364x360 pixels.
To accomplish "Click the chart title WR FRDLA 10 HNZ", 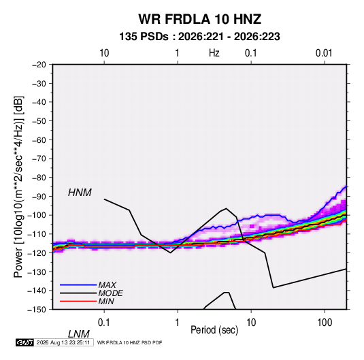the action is [x=200, y=19].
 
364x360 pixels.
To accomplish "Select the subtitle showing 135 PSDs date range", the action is [x=199, y=37].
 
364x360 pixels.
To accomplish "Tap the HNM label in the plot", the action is [x=80, y=193].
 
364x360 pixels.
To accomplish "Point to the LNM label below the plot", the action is [x=79, y=334].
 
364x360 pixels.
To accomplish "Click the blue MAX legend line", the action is [x=78, y=284].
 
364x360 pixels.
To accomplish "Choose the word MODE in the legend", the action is [x=110, y=293].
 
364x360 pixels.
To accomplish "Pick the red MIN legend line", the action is [x=78, y=301].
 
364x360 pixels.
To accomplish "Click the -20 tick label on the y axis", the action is [x=39, y=65].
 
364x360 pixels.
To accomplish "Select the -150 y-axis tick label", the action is [x=37, y=310].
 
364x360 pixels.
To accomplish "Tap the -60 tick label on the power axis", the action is [x=39, y=140].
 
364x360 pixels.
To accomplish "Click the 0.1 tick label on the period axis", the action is [x=104, y=323].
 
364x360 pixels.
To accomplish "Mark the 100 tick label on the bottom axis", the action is [x=325, y=323].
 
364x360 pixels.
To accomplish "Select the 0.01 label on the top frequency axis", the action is [x=324, y=53].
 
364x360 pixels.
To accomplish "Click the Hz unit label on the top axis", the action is [x=214, y=53].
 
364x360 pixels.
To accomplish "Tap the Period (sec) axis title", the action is [x=214, y=330].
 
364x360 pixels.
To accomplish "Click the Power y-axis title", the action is [x=18, y=187].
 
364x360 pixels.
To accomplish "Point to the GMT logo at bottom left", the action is [x=25, y=342].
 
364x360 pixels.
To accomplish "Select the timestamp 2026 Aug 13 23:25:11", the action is [x=63, y=342].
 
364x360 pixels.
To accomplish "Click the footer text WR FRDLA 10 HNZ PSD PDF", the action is [x=129, y=342].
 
